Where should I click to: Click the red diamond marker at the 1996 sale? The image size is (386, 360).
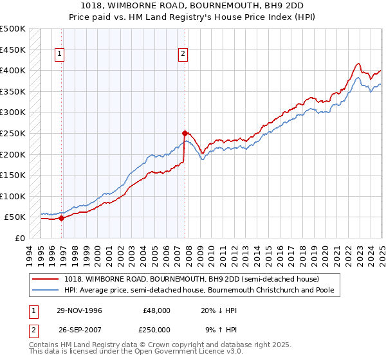[x=62, y=218]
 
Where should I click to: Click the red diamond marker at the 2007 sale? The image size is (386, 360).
[x=184, y=133]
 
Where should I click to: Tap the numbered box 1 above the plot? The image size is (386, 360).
[x=59, y=55]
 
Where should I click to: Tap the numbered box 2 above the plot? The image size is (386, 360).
[x=183, y=55]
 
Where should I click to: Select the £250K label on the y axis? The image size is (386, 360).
[x=13, y=133]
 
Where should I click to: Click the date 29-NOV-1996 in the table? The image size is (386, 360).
[x=78, y=310]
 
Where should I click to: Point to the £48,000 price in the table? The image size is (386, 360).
[x=156, y=310]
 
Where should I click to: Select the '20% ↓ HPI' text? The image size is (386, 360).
[x=219, y=310]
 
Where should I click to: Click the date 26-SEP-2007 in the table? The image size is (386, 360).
[x=78, y=330]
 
